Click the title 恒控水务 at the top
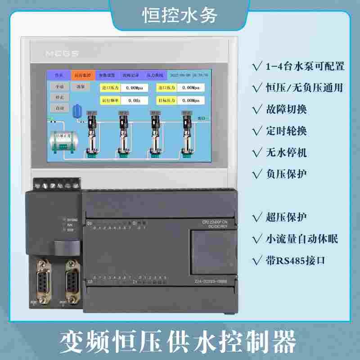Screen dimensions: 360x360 (180, 15)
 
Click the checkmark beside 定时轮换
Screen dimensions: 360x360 (258, 131)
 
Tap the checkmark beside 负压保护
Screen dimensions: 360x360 (258, 174)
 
